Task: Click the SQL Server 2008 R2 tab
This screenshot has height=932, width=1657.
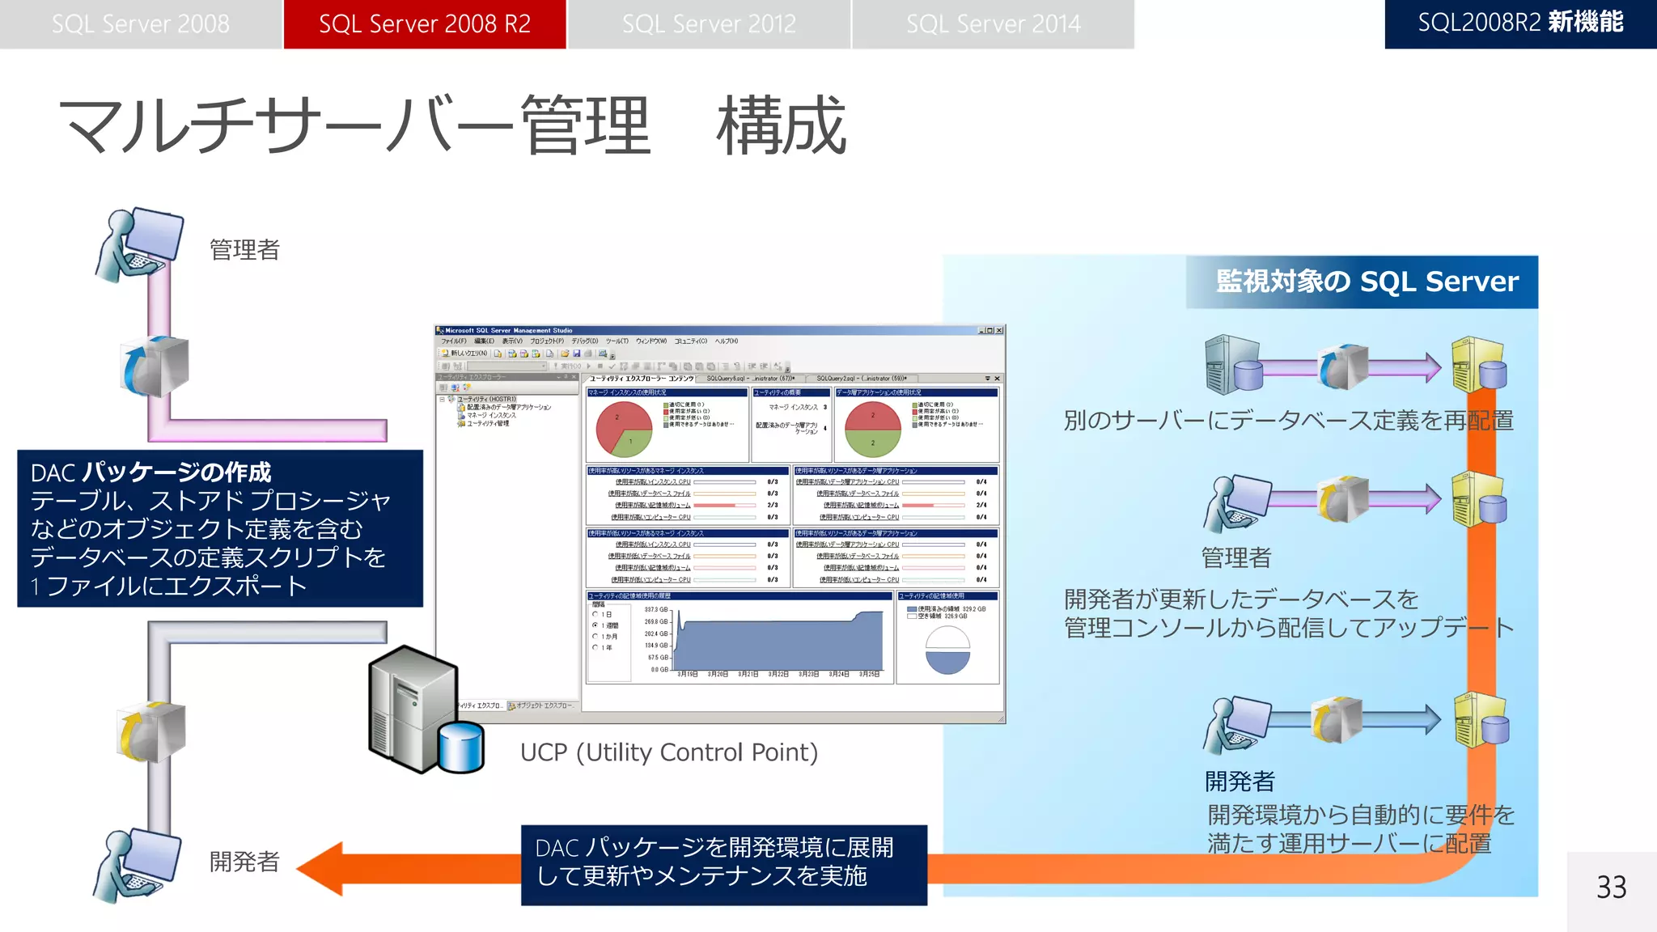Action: (x=425, y=24)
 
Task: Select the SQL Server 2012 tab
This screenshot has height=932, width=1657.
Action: (x=709, y=24)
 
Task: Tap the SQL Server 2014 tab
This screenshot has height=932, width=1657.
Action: (x=993, y=24)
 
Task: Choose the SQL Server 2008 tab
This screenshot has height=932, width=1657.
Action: (x=141, y=24)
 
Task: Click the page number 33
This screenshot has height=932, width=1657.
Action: (x=1611, y=888)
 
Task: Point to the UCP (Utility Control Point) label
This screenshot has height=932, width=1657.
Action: (x=668, y=752)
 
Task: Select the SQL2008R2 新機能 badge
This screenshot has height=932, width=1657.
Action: (x=1520, y=23)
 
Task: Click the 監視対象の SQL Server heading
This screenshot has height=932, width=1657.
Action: (x=1367, y=282)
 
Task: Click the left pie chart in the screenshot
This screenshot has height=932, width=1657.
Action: (x=624, y=429)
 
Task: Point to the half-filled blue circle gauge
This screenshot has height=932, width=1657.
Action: (x=947, y=650)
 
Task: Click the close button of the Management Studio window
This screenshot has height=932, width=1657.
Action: (x=1000, y=330)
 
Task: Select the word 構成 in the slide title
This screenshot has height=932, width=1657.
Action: (x=781, y=125)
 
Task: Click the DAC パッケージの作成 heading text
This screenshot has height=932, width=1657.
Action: (x=151, y=472)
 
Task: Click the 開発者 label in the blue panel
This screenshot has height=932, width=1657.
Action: (x=1240, y=782)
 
